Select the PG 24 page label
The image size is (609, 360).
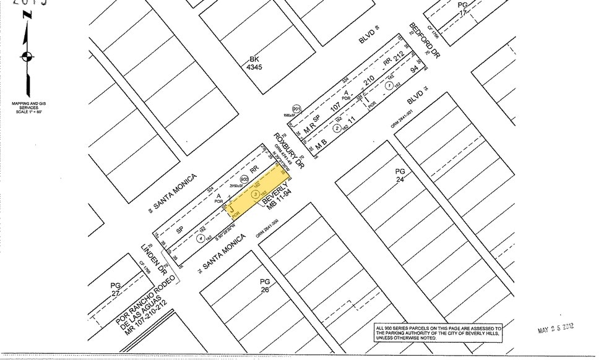click(x=400, y=176)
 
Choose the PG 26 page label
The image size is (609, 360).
click(x=264, y=285)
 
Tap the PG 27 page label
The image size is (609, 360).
click(x=115, y=288)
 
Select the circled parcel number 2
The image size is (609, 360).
click(x=337, y=128)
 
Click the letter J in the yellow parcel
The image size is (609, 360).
click(x=231, y=212)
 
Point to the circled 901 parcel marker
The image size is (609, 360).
click(x=296, y=109)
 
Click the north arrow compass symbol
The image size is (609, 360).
click(x=26, y=58)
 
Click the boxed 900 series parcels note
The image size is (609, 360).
click(x=438, y=332)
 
